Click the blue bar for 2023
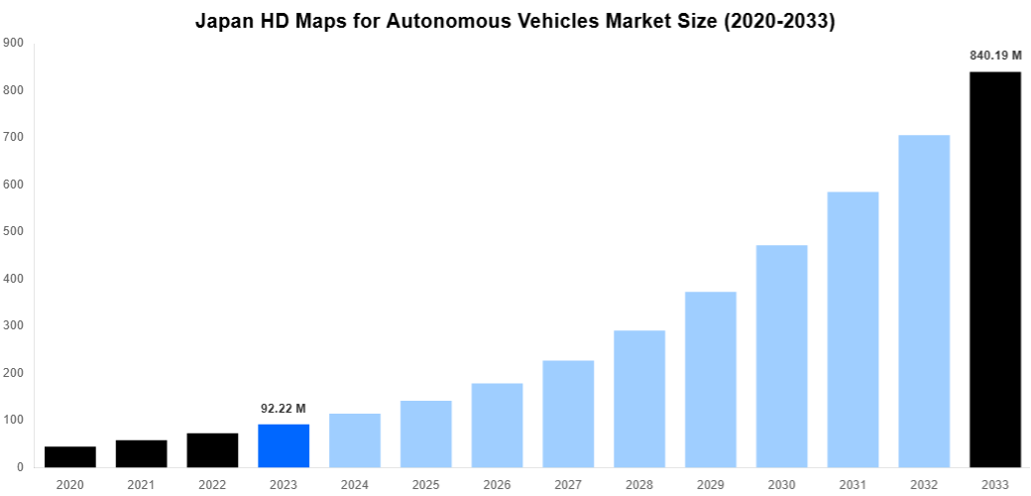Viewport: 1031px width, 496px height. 284,445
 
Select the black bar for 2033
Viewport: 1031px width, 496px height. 994,269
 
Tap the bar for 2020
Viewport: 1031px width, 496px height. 70,456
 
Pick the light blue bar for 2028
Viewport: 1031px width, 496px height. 639,399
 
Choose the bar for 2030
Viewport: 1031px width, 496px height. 781,356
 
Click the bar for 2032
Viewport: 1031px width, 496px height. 924,301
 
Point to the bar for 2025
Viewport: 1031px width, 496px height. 426,434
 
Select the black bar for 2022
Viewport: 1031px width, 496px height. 212,450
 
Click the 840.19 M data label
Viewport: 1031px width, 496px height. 994,56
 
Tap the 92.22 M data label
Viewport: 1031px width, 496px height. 284,408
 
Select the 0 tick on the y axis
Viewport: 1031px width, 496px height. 20,467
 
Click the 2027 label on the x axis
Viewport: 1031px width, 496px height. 568,484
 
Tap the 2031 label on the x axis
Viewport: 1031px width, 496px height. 853,484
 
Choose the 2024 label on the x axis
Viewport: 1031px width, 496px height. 355,484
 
